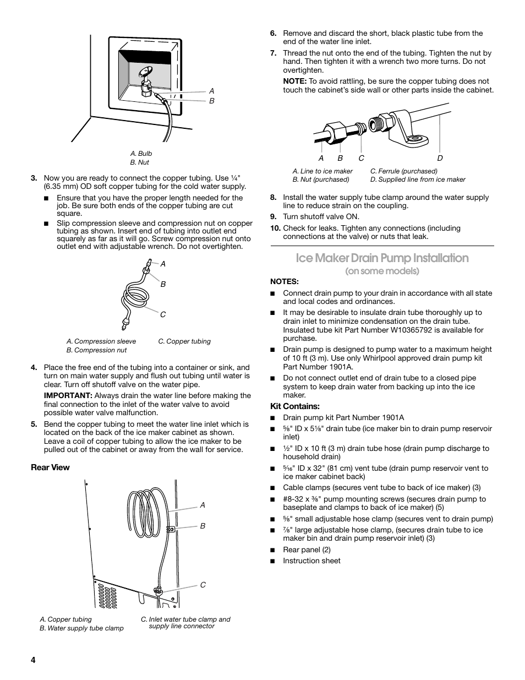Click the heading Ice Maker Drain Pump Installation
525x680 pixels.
(382, 258)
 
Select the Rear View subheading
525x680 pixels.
(50, 467)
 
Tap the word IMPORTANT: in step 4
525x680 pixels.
(68, 395)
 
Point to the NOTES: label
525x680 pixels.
(285, 281)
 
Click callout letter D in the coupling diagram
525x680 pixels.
(440, 158)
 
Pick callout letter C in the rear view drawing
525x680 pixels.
(203, 585)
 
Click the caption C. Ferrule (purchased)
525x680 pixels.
(403, 171)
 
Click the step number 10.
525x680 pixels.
(275, 228)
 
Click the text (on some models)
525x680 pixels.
(382, 271)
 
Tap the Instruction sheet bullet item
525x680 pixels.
(311, 561)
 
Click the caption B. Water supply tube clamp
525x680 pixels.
(81, 628)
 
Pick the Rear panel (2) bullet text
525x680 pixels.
(307, 550)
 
